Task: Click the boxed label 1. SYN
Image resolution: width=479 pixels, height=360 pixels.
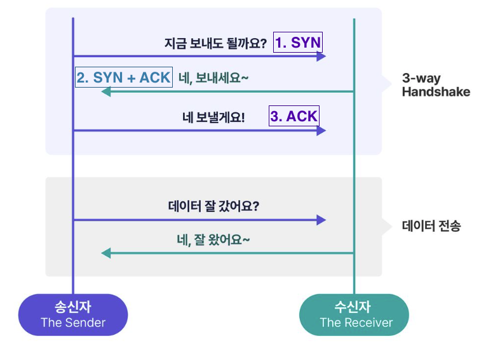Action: pyautogui.click(x=298, y=42)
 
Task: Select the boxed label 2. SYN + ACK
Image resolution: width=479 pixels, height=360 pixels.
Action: pyautogui.click(x=124, y=77)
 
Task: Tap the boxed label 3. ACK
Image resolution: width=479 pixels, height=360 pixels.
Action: pyautogui.click(x=294, y=116)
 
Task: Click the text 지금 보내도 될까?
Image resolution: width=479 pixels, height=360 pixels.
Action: pyautogui.click(x=215, y=43)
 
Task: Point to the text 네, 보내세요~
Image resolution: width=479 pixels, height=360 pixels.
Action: pyautogui.click(x=213, y=78)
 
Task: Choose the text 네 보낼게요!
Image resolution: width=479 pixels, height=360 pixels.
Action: pyautogui.click(x=213, y=117)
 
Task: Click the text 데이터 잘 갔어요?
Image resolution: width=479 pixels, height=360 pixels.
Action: pyautogui.click(x=213, y=206)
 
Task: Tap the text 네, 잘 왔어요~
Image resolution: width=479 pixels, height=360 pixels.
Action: pyautogui.click(x=213, y=240)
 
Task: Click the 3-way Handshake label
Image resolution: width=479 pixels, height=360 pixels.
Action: pyautogui.click(x=436, y=85)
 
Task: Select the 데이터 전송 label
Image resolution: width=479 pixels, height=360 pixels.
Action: pyautogui.click(x=431, y=226)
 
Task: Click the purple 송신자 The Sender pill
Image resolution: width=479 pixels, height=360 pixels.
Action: pyautogui.click(x=73, y=314)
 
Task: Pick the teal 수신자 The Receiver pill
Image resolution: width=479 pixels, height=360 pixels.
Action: pyautogui.click(x=354, y=314)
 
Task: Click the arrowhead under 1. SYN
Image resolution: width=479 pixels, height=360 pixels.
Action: pyautogui.click(x=321, y=56)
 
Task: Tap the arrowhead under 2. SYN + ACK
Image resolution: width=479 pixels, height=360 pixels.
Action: pyautogui.click(x=105, y=91)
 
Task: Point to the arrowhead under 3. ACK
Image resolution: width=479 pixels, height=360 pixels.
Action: pyautogui.click(x=321, y=131)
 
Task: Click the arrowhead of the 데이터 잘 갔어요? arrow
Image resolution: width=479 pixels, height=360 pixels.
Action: pyautogui.click(x=321, y=220)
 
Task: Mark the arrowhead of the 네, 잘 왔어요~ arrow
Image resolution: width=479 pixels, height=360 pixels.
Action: pyautogui.click(x=105, y=253)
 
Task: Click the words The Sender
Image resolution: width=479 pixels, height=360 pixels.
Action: pyautogui.click(x=73, y=323)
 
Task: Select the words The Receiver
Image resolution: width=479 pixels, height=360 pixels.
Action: pyautogui.click(x=356, y=323)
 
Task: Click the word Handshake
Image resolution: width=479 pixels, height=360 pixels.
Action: pyautogui.click(x=436, y=91)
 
